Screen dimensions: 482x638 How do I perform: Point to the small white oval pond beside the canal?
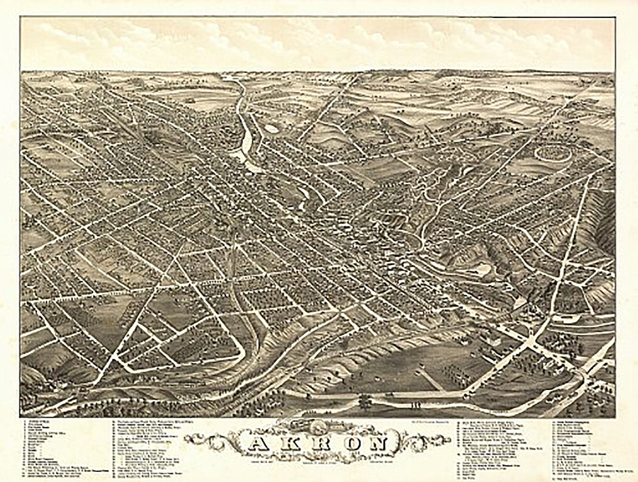coord(271,129)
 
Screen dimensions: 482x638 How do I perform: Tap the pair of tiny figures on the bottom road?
coord(415,405)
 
